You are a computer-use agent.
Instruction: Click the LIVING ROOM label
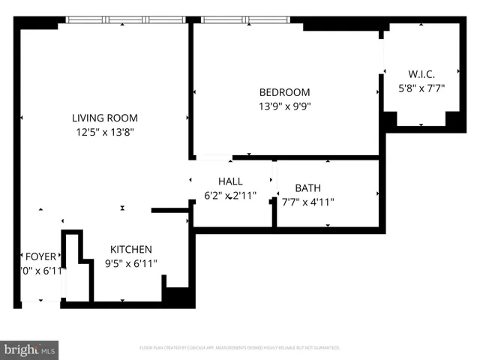tap(104, 118)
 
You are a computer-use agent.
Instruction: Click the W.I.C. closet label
tap(421, 73)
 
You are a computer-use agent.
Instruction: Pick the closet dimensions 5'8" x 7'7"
tap(421, 87)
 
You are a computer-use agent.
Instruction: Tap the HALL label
tap(230, 181)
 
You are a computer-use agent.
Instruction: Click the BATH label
tap(307, 187)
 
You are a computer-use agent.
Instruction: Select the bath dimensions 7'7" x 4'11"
tap(307, 201)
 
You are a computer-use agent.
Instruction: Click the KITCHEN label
tap(131, 249)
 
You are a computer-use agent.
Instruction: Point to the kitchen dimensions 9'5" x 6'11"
tap(131, 263)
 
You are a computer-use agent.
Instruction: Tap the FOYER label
tap(40, 256)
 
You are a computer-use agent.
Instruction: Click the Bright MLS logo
tap(30, 349)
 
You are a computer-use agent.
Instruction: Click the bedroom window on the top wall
tap(247, 20)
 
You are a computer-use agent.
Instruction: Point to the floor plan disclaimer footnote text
tap(239, 348)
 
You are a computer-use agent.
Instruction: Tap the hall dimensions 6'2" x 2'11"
tap(230, 195)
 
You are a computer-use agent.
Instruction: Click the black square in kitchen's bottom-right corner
tap(178, 296)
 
